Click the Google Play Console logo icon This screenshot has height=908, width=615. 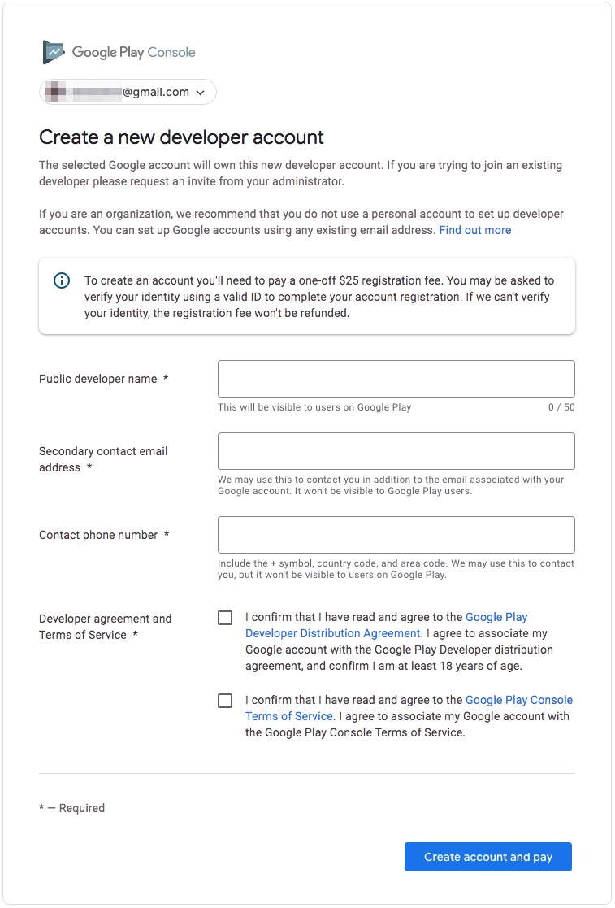pyautogui.click(x=54, y=52)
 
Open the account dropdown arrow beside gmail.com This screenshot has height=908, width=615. pyautogui.click(x=200, y=93)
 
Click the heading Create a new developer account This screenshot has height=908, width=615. pyautogui.click(x=181, y=137)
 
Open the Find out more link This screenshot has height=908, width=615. pyautogui.click(x=474, y=230)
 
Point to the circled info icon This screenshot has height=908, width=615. pyautogui.click(x=62, y=280)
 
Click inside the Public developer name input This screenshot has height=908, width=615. pyautogui.click(x=396, y=379)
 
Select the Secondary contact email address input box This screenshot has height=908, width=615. pyautogui.click(x=396, y=451)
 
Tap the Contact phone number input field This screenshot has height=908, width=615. pyautogui.click(x=396, y=535)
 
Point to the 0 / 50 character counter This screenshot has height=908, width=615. pyautogui.click(x=561, y=407)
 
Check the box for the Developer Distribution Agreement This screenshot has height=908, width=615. pyautogui.click(x=225, y=618)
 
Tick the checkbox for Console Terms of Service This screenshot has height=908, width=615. pyautogui.click(x=225, y=701)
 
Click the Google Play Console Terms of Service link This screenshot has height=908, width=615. pyautogui.click(x=518, y=700)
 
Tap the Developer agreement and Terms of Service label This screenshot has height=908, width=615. pyautogui.click(x=105, y=627)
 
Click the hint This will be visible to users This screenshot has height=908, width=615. pyautogui.click(x=314, y=407)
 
